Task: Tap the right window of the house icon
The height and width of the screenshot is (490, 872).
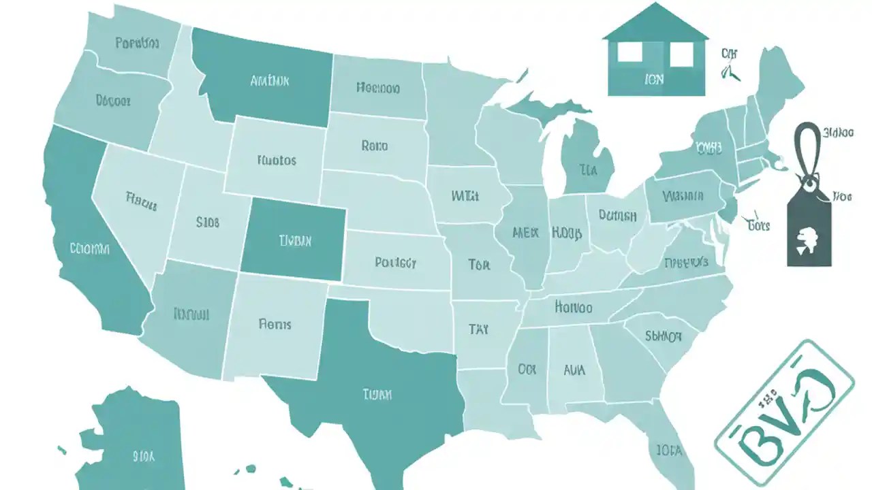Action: tap(681, 54)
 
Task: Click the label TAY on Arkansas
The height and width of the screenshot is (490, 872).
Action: tap(479, 329)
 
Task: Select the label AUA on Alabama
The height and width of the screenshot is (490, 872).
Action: tap(574, 371)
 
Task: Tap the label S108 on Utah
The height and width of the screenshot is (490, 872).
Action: tap(207, 222)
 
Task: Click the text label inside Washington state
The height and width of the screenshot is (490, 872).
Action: tap(137, 44)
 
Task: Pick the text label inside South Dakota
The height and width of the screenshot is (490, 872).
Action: tap(374, 145)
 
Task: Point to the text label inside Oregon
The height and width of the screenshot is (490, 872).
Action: tap(112, 100)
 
